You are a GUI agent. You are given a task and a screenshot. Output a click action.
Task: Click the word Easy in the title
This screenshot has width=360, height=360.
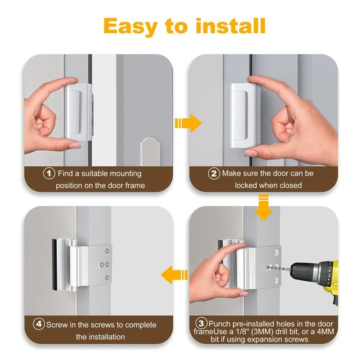(130, 27)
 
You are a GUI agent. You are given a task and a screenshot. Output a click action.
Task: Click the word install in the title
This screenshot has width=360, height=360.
(231, 26)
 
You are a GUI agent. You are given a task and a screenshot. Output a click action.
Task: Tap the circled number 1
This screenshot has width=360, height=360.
(49, 173)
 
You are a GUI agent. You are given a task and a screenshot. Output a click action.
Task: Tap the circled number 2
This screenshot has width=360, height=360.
(214, 174)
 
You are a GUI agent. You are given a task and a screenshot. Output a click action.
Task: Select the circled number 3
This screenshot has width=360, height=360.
(201, 323)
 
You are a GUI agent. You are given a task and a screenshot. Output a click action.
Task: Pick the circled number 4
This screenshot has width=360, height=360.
(39, 324)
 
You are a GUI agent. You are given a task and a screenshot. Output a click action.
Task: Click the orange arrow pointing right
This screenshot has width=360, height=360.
(188, 123)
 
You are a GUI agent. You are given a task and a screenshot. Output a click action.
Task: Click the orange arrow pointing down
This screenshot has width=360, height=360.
(264, 207)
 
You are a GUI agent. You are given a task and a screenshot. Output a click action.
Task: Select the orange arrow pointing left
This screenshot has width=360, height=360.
(174, 275)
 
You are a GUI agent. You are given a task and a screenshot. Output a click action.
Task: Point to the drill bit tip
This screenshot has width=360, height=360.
(267, 267)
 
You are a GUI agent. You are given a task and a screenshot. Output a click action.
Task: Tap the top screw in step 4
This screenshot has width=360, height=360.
(107, 251)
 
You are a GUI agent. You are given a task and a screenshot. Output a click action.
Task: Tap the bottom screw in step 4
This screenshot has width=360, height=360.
(107, 278)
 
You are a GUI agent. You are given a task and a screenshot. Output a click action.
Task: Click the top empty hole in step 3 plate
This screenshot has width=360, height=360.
(276, 253)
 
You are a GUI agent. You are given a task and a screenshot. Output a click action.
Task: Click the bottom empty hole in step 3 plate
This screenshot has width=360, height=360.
(276, 280)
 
